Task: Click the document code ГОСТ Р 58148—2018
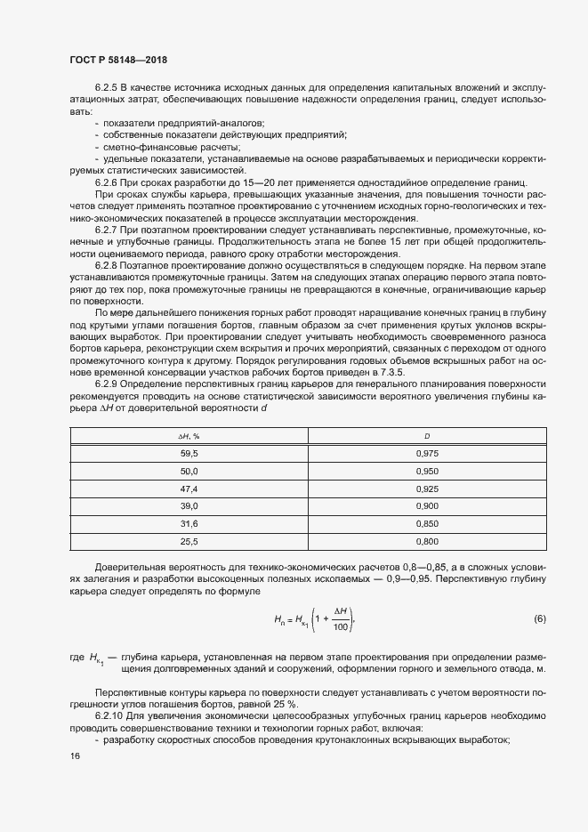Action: click(118, 60)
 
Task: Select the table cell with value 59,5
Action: click(189, 454)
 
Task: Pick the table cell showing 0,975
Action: click(428, 454)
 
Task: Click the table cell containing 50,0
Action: click(189, 471)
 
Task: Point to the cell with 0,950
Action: click(428, 471)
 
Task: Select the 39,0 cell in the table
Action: click(189, 505)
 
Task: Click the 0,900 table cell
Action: click(428, 505)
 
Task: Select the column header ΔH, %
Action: click(189, 436)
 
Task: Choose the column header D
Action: click(428, 436)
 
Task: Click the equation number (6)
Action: click(539, 618)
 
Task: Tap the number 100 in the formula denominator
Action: click(338, 627)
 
